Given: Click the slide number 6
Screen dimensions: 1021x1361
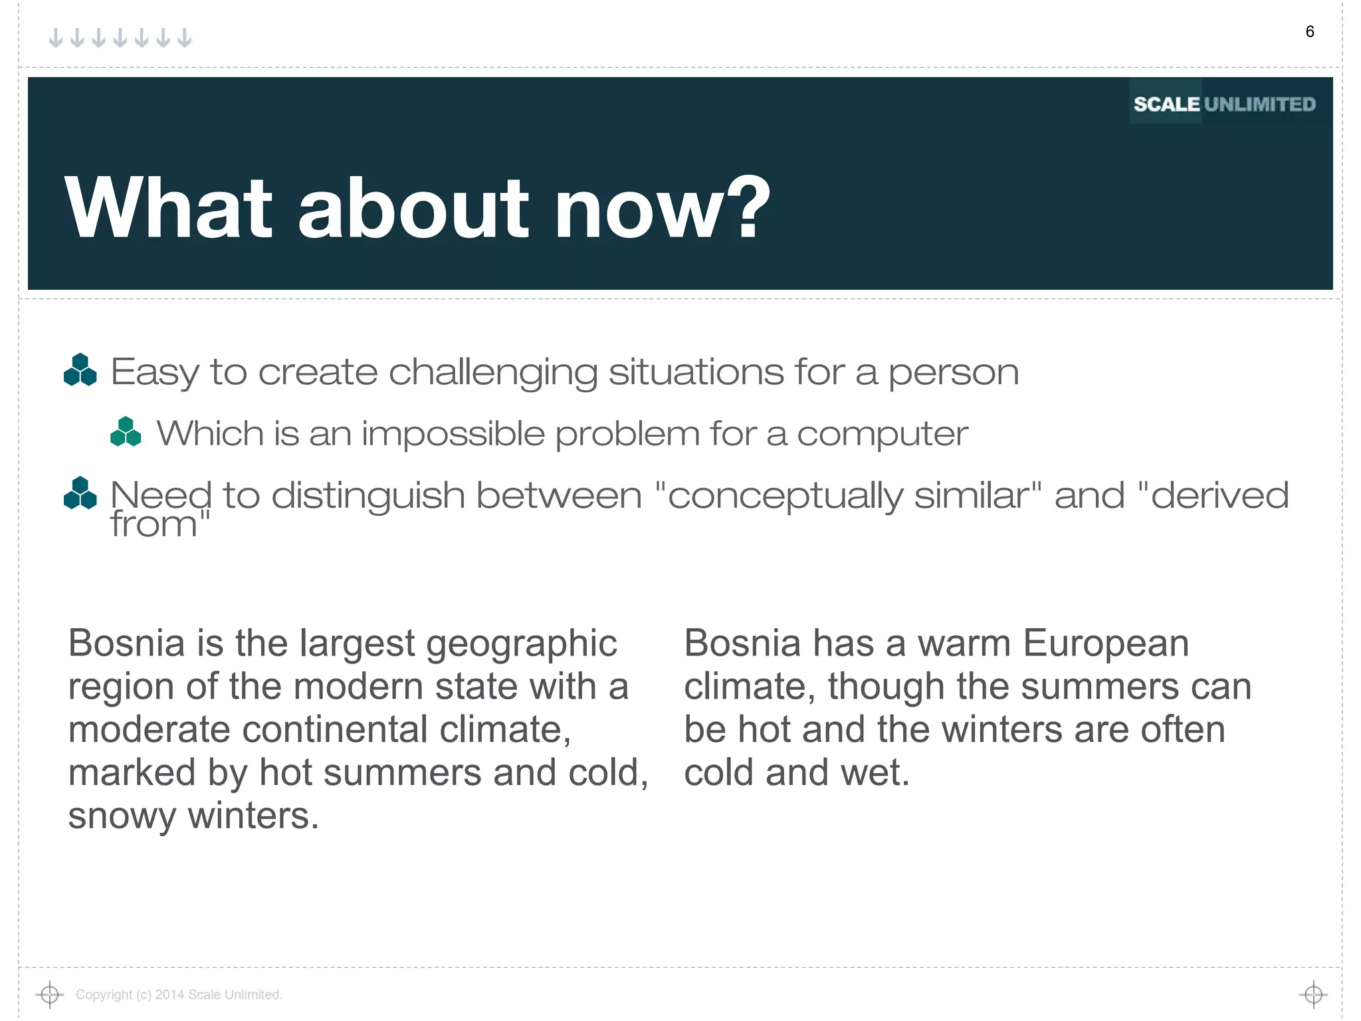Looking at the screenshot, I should point(1309,32).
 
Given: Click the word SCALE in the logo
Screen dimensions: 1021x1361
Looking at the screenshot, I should point(1166,104).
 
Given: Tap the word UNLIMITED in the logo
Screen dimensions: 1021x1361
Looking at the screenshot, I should point(1259,104).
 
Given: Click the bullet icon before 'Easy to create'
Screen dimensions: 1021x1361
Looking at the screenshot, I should point(80,370).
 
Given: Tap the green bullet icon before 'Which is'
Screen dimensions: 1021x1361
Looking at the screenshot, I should point(126,432).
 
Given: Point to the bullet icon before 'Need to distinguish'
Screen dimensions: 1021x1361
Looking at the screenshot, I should point(80,494).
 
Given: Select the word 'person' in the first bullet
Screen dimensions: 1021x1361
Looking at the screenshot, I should point(953,373).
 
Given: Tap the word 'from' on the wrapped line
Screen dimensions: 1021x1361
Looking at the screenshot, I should point(154,525).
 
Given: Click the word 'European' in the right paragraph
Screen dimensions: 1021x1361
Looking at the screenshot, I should point(1105,643).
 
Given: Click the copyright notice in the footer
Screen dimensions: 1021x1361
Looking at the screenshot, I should point(179,994).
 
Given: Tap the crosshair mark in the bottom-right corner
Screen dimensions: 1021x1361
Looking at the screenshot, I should point(1313,994).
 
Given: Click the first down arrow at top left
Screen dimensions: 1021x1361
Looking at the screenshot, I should point(56,38).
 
